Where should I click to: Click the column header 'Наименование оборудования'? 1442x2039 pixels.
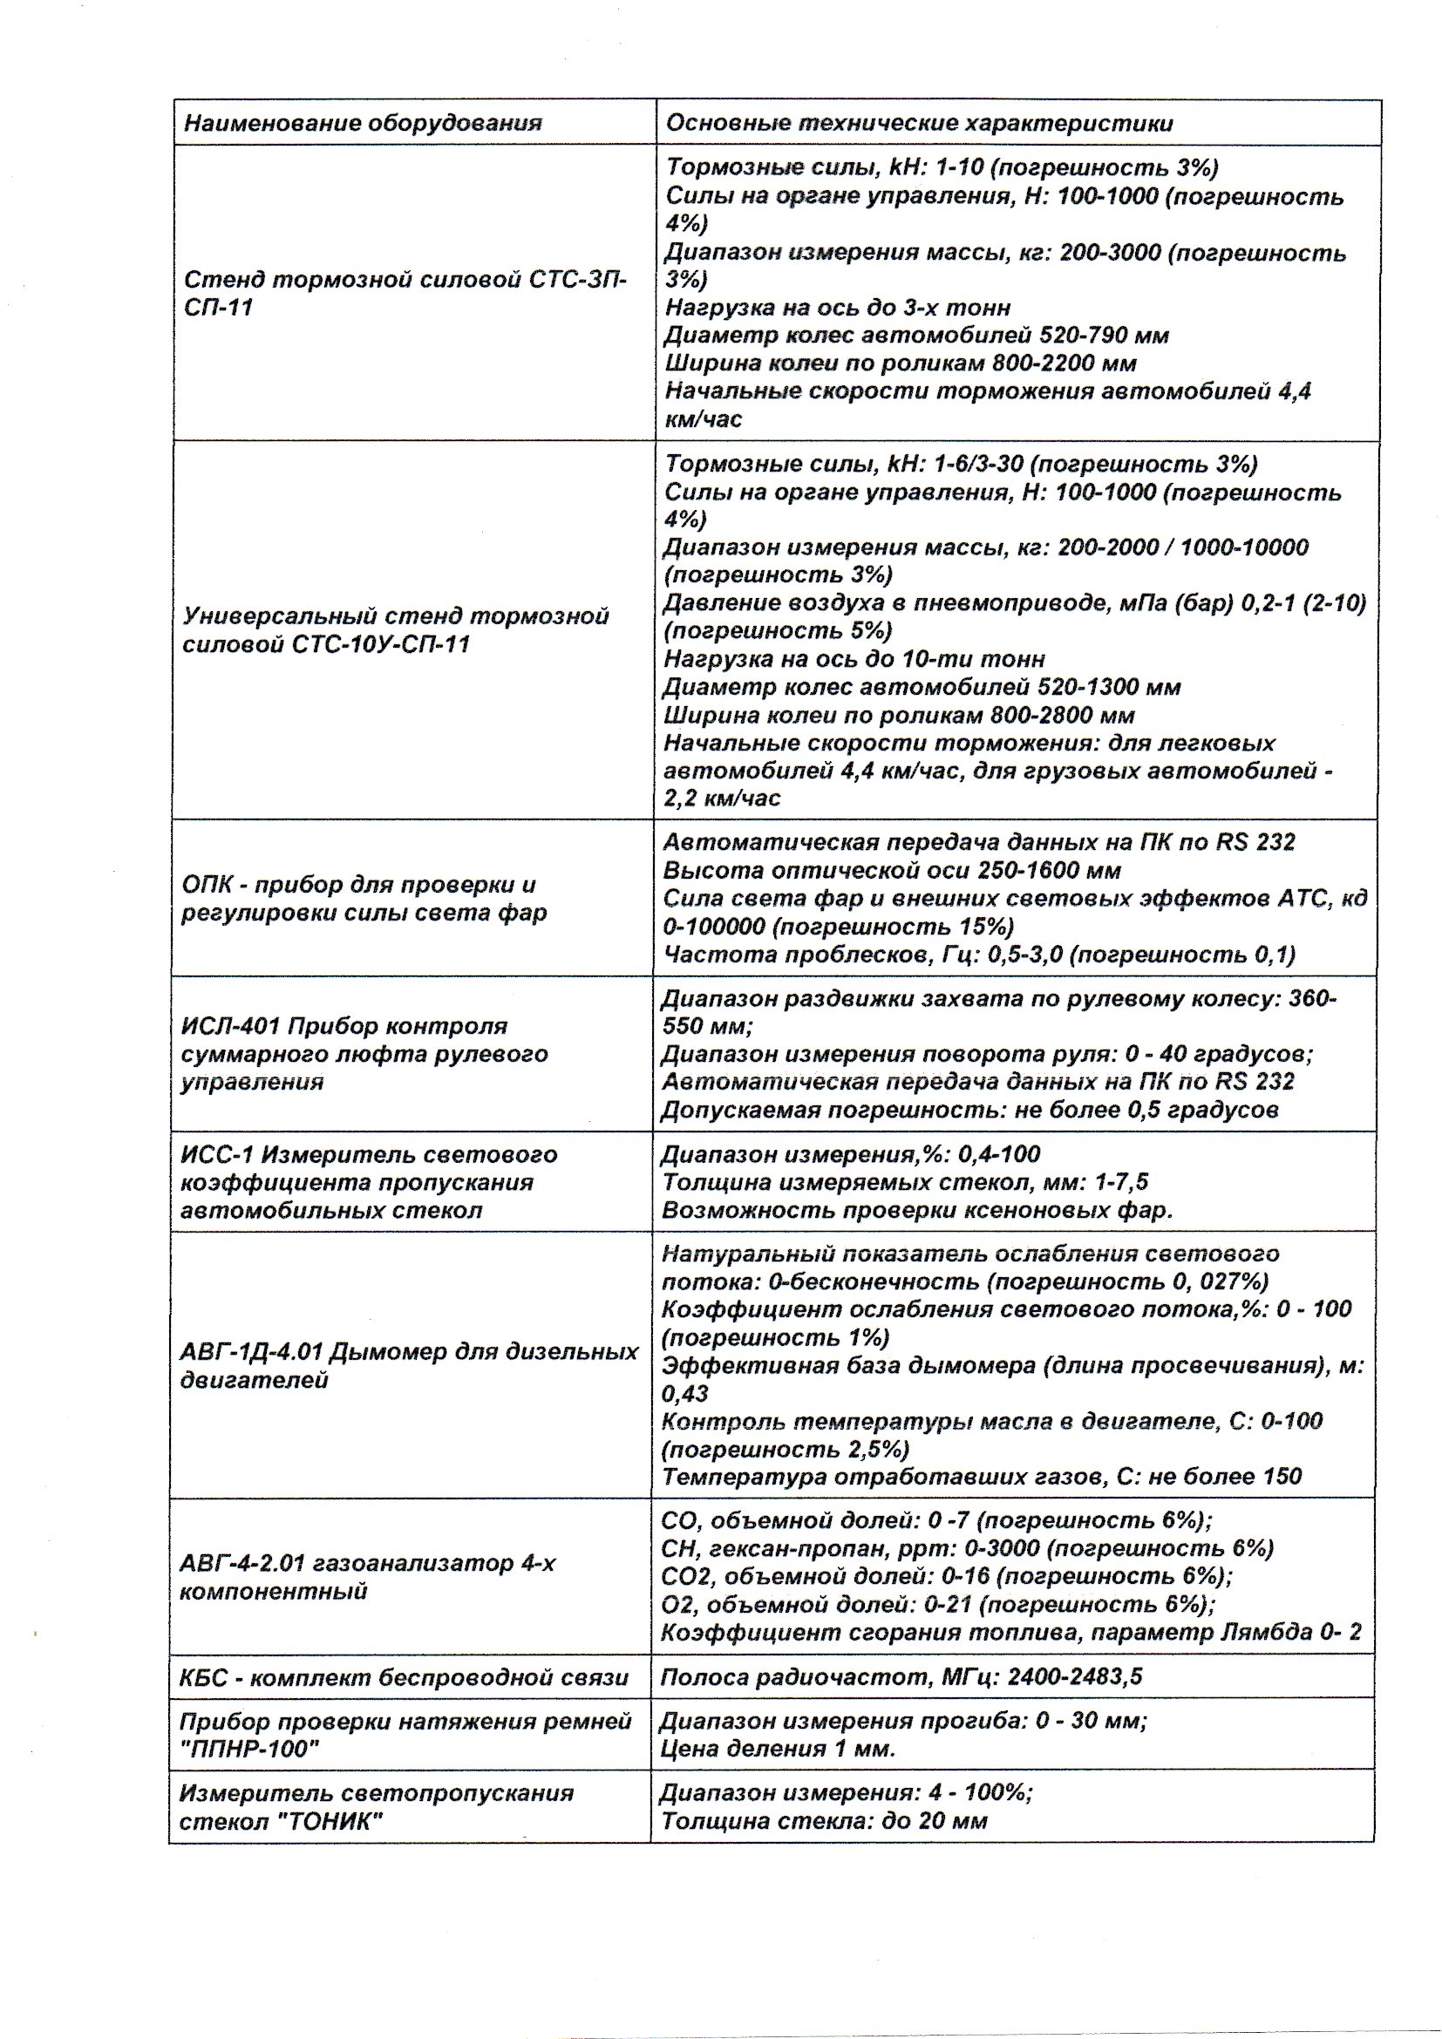coord(363,124)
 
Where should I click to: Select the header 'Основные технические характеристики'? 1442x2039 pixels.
coord(918,124)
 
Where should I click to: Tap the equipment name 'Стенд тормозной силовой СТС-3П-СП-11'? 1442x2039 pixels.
coord(405,294)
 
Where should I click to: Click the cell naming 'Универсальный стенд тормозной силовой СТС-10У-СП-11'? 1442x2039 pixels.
coord(396,629)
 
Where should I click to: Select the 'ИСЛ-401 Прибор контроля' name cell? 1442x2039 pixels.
coord(364,1054)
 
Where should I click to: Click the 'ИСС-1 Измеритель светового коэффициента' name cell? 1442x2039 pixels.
coord(369,1182)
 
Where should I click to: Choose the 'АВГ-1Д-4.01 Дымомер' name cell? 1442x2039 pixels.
coord(408,1366)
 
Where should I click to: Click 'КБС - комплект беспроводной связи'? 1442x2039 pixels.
coord(403,1677)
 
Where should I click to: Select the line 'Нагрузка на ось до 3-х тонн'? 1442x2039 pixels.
coord(837,307)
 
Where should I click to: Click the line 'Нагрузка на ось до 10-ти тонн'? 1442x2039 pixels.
coord(854,659)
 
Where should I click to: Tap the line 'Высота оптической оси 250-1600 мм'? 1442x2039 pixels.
coord(892,870)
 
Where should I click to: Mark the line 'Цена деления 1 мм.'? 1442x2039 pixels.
coord(777,1750)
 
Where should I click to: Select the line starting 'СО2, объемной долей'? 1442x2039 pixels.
coord(947,1576)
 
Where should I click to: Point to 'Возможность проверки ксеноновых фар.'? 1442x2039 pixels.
coord(917,1211)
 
